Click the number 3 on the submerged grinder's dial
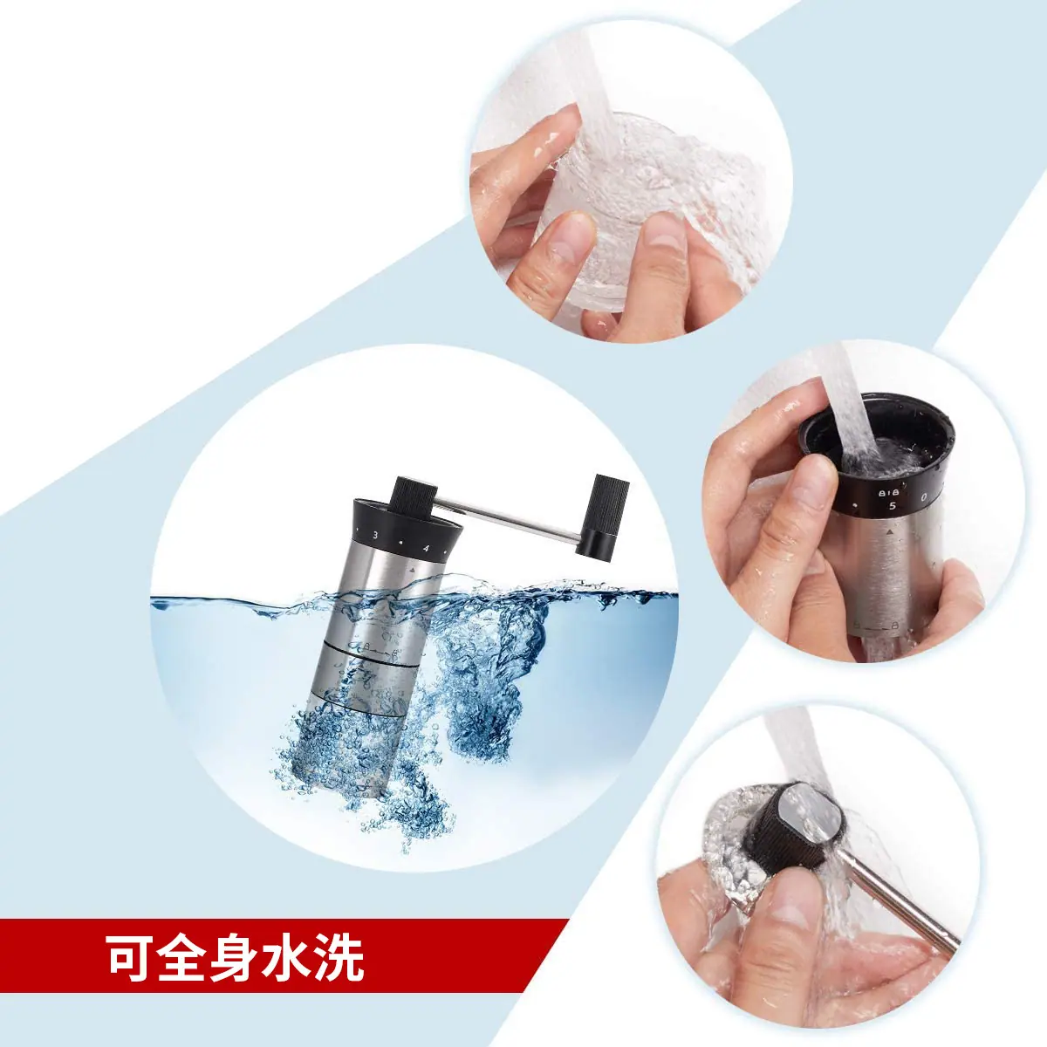point(375,535)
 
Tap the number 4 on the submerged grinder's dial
point(426,548)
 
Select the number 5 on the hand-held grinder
point(892,506)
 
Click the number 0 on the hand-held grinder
point(924,496)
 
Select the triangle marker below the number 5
point(889,532)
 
